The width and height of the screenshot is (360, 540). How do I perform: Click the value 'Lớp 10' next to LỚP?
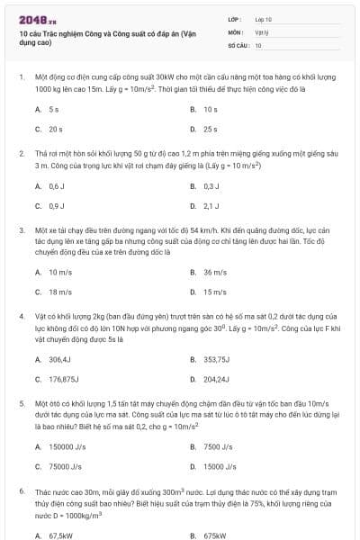(x=264, y=19)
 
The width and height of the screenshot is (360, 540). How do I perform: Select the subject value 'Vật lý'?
(x=262, y=31)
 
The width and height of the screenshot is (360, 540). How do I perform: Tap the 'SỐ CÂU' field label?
(x=237, y=44)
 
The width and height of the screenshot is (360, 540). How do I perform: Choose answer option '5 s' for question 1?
(x=54, y=109)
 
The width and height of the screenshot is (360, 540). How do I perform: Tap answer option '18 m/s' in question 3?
(x=59, y=292)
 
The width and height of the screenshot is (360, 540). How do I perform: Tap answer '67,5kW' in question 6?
(x=60, y=535)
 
